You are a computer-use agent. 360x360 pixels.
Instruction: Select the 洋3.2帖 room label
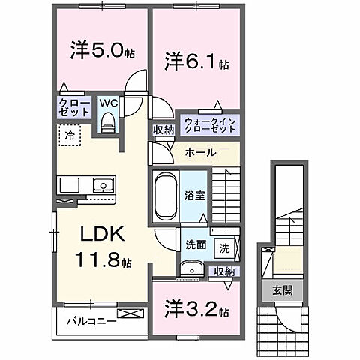coord(191,309)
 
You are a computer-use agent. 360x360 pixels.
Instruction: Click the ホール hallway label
coord(201,152)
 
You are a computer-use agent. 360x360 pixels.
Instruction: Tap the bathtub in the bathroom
coord(163,196)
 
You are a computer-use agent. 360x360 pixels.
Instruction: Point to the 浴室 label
coord(196,196)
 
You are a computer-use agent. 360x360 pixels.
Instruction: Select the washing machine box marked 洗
coord(223,245)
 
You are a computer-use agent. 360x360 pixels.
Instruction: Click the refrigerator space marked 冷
coord(68,137)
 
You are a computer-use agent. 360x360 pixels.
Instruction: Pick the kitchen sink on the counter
coord(99,184)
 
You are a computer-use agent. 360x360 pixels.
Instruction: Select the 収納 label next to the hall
coord(163,130)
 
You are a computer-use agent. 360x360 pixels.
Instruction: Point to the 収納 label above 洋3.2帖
coord(223,271)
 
